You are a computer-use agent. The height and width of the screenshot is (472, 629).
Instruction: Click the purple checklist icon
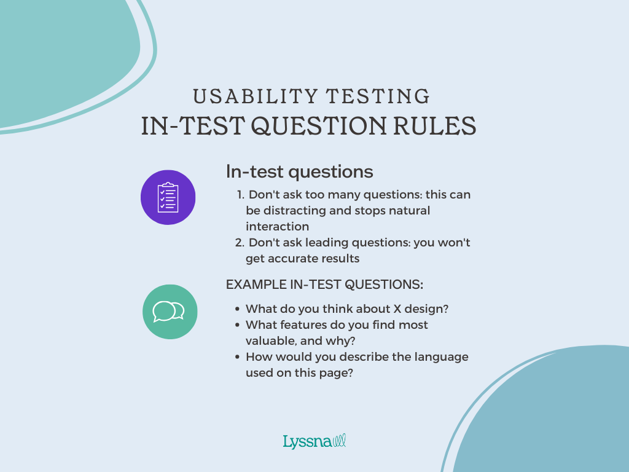168,197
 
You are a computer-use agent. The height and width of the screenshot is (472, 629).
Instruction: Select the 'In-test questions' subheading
299,171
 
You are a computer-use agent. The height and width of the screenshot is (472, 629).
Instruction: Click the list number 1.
240,195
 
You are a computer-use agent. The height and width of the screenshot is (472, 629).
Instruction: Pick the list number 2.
240,243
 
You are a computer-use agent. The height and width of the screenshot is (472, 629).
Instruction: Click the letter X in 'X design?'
397,309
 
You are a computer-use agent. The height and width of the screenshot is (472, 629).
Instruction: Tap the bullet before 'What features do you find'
237,325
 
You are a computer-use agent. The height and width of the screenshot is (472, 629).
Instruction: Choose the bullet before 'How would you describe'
237,357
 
